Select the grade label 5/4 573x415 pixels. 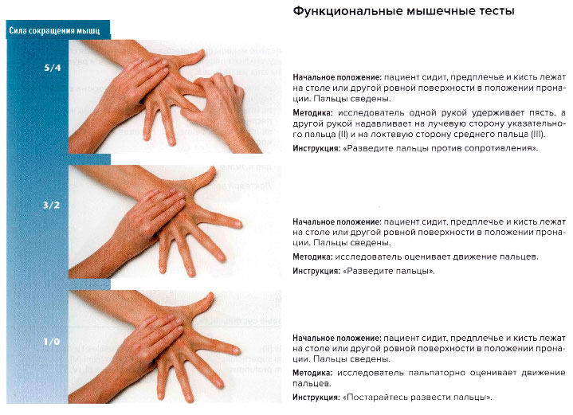pyautogui.click(x=52, y=69)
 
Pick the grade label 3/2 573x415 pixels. pyautogui.click(x=52, y=206)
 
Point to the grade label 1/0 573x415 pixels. pyautogui.click(x=52, y=342)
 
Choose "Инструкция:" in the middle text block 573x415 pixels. pyautogui.click(x=316, y=272)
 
